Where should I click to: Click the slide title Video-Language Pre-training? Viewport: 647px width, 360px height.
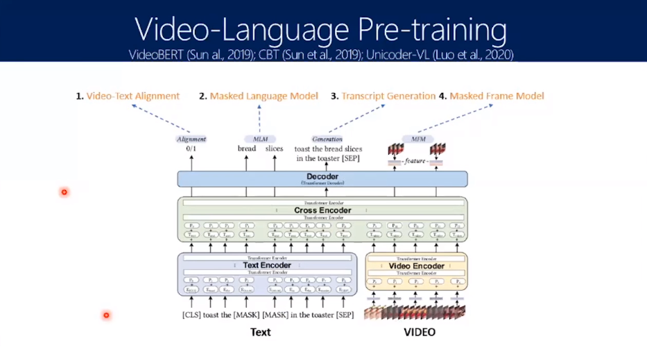coord(320,30)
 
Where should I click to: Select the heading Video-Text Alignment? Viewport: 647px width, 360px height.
coord(132,96)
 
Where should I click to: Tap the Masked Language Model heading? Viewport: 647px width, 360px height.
coord(264,96)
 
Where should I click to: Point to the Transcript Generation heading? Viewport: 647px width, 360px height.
coord(388,96)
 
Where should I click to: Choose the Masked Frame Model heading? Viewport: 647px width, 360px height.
coord(497,96)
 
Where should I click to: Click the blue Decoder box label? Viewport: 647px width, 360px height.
coord(322,177)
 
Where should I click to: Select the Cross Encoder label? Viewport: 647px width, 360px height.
coord(322,210)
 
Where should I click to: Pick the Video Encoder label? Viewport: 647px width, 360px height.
coord(416,266)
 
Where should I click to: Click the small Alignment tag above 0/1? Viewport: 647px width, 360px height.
coord(191,139)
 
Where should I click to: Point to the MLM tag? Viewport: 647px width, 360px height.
coord(260,139)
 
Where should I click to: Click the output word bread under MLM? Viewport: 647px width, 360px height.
coord(247,148)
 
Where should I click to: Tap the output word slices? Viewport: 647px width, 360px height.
coord(274,148)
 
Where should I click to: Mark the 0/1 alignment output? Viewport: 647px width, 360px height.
coord(191,148)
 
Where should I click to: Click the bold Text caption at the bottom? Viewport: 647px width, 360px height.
coord(261,332)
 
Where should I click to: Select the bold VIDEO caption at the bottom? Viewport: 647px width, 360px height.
coord(420,332)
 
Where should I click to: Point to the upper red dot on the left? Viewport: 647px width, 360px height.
coord(64,192)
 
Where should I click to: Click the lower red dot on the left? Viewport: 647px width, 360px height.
coord(106,316)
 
